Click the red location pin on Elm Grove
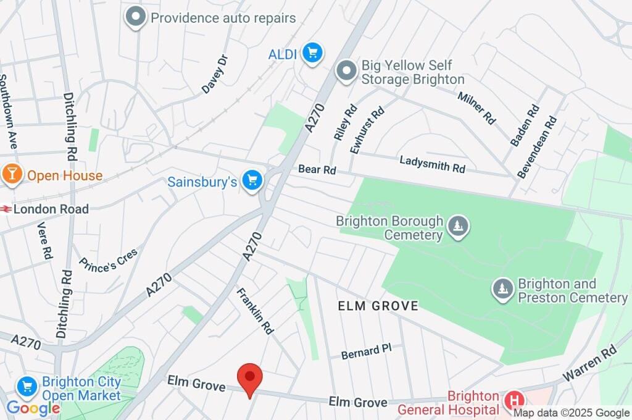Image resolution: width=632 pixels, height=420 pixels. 250,377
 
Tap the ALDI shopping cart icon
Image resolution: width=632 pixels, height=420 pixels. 312,54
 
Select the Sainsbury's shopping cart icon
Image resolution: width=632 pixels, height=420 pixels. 252,182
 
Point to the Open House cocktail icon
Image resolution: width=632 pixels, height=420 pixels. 12,175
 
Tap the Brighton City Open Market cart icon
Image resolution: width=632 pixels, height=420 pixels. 27,387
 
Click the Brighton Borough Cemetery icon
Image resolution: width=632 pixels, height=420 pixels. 457,227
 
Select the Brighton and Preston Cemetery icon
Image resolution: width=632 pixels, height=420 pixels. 503,288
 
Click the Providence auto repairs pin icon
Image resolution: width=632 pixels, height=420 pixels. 135,17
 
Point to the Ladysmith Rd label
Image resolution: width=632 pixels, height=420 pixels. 432,164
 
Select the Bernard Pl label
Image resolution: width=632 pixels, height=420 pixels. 367,351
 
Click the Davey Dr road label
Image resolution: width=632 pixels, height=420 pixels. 215,75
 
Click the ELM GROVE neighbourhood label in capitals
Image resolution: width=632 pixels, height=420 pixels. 378,306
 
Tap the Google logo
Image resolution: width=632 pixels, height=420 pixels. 33,408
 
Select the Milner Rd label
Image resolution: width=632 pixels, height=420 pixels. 476,107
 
